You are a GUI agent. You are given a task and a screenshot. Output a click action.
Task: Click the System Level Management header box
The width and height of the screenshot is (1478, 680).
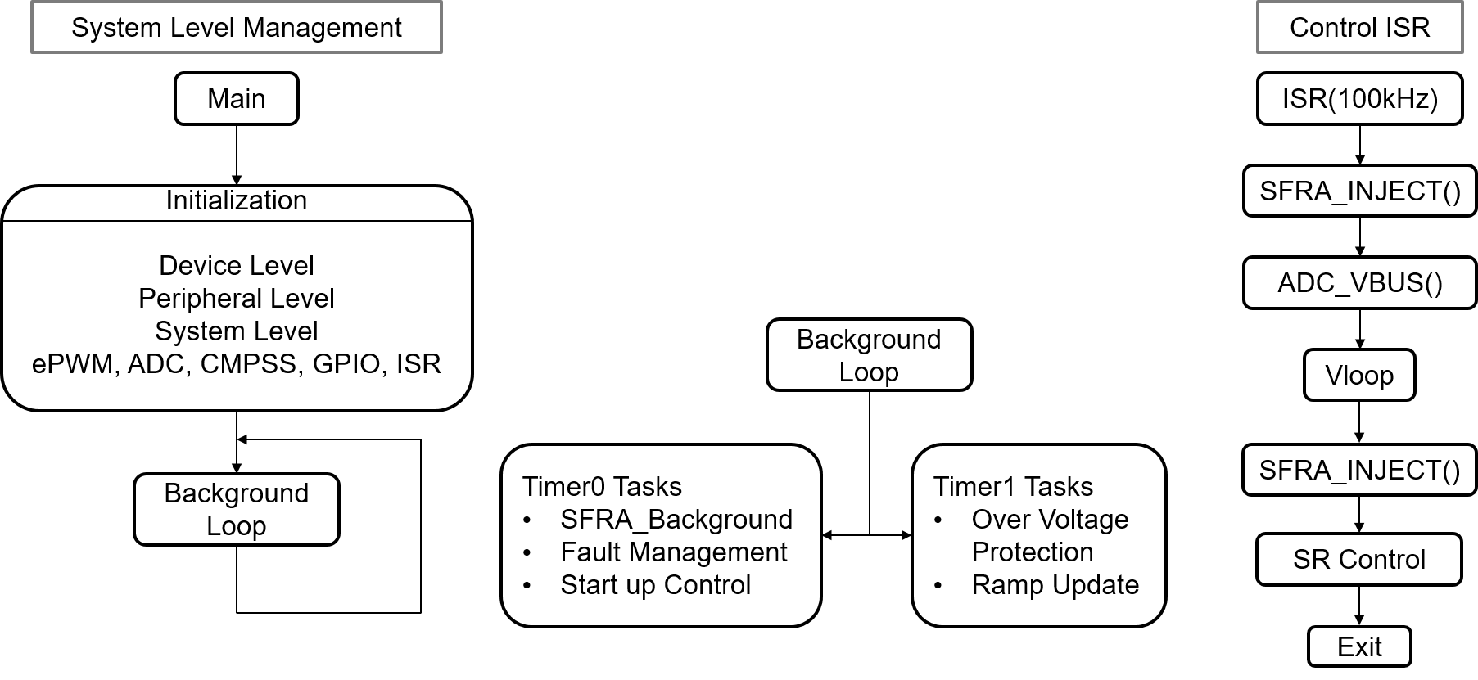click(x=236, y=28)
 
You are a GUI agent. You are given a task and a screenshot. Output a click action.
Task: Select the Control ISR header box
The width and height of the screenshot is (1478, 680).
click(x=1359, y=28)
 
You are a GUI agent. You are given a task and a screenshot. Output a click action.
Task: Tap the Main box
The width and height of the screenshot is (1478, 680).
click(x=236, y=99)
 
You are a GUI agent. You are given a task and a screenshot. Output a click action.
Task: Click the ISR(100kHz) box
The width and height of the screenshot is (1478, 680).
click(x=1359, y=99)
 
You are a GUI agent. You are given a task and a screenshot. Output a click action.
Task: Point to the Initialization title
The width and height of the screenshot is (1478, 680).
click(x=236, y=200)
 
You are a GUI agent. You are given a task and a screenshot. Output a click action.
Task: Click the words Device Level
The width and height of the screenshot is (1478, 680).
click(x=236, y=266)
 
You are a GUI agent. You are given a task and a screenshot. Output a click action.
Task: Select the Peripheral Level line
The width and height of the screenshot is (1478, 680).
click(x=236, y=299)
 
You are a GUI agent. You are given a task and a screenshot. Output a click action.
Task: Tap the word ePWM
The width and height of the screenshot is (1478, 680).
click(x=74, y=364)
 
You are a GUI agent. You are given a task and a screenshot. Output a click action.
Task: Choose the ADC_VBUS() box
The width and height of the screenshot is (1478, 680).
click(x=1359, y=283)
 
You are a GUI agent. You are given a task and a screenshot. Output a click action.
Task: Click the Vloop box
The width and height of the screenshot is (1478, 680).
click(x=1359, y=376)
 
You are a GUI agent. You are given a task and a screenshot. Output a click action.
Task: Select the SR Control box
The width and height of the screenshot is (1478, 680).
click(x=1359, y=560)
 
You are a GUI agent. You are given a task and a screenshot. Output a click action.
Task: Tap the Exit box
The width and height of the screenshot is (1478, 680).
click(x=1359, y=647)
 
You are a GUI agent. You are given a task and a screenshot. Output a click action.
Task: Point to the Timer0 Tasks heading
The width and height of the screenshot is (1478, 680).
click(x=602, y=487)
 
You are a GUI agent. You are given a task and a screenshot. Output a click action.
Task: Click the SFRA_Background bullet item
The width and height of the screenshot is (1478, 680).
click(x=676, y=520)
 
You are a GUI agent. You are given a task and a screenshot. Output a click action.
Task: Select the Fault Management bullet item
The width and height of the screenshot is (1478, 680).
click(x=673, y=552)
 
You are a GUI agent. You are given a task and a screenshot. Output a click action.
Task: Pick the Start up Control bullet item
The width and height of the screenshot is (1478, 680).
click(x=655, y=585)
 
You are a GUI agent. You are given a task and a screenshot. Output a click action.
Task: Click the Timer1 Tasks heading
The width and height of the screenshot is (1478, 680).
click(x=1013, y=487)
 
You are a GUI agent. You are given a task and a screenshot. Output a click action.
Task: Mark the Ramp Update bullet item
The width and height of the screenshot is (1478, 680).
click(x=1055, y=585)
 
